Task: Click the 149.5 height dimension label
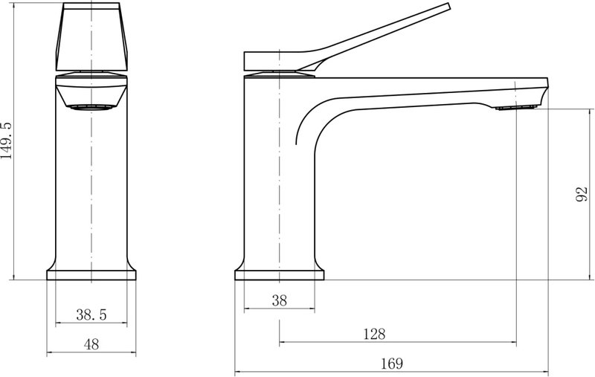point(7,141)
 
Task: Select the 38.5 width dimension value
point(91,315)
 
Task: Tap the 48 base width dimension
point(91,344)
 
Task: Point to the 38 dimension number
point(280,300)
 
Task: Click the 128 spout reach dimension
point(375,334)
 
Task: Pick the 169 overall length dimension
point(392,364)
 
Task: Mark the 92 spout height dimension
point(582,194)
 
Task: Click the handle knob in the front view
point(91,36)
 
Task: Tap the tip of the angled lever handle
point(448,6)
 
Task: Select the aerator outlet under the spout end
point(516,108)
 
